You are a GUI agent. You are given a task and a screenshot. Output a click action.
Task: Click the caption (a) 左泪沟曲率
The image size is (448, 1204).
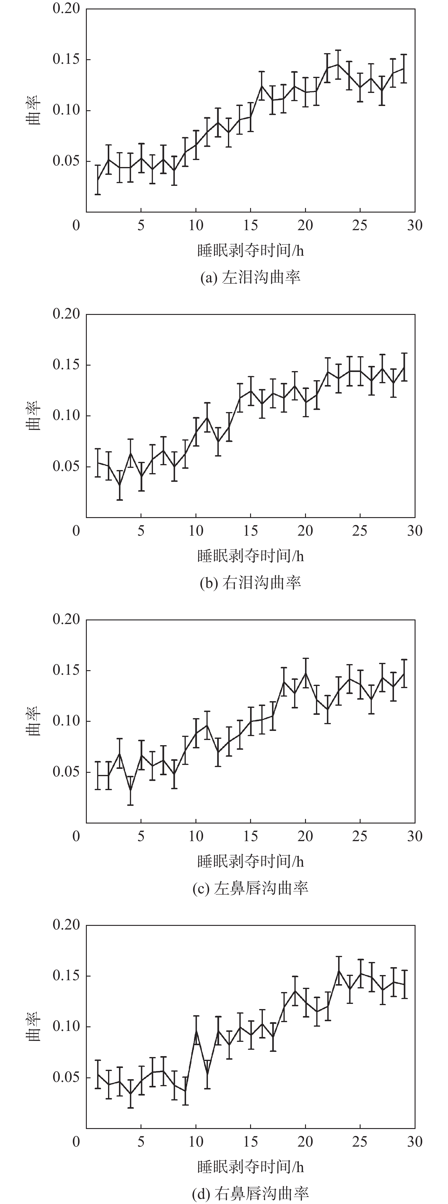[x=250, y=278]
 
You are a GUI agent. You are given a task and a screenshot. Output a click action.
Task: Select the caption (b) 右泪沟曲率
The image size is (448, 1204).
[x=250, y=583]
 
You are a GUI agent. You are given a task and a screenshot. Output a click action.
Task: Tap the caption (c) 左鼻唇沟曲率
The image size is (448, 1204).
[x=250, y=888]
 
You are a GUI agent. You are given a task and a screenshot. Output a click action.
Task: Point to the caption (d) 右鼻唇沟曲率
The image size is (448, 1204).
[x=250, y=1193]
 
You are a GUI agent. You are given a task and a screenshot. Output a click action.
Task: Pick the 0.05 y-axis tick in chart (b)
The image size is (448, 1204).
[x=65, y=466]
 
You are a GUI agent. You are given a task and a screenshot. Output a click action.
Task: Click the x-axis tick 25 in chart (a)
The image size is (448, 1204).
[x=360, y=225]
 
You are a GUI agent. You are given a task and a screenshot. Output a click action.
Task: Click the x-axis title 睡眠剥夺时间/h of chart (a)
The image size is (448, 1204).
[x=250, y=251]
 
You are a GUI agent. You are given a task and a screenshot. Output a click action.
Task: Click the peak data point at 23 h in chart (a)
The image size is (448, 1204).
[x=338, y=64]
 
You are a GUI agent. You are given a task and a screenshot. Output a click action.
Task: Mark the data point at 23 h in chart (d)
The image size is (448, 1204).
[x=338, y=970]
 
